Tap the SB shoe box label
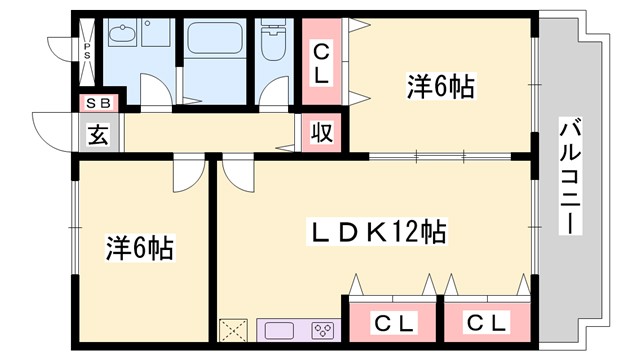click(98, 102)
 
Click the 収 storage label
click(323, 132)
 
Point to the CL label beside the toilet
click(322, 61)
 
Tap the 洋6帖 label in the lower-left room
click(140, 247)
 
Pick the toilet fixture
click(271, 45)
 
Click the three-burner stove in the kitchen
click(322, 330)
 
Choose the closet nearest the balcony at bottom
click(487, 322)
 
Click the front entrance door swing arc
click(50, 128)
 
